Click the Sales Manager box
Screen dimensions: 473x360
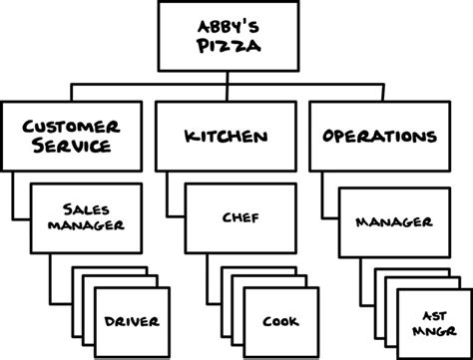tap(86, 216)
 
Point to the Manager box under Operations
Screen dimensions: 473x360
tap(392, 221)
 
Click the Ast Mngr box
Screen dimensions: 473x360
tap(431, 321)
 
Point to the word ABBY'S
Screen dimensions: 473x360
tap(236, 28)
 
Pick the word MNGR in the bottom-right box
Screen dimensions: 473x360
tap(432, 330)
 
